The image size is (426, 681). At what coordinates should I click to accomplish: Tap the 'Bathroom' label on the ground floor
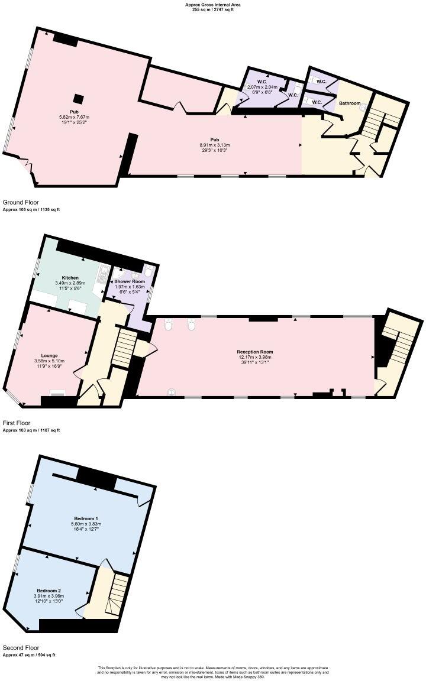click(349, 103)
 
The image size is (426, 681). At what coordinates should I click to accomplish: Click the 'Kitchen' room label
click(70, 277)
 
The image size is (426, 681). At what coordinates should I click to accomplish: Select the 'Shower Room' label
click(130, 281)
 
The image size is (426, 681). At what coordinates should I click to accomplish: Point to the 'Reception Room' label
click(255, 352)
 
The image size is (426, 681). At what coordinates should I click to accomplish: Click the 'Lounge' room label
click(49, 355)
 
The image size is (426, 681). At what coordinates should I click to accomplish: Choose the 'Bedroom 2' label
click(49, 591)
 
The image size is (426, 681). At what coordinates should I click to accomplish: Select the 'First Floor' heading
click(17, 423)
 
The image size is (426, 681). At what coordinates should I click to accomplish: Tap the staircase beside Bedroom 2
click(116, 594)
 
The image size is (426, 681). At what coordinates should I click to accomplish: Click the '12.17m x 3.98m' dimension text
click(255, 358)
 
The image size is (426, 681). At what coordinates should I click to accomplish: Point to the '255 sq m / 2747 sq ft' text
click(212, 9)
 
